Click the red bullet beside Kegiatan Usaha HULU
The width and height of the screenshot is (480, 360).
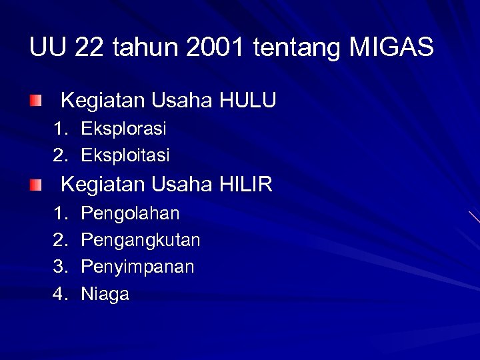point(35,101)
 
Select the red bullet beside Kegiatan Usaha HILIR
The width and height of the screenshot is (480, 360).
point(35,184)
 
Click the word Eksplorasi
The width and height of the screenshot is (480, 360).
point(123,128)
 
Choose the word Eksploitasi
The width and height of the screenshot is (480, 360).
point(125,156)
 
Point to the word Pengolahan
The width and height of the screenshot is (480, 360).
point(130,214)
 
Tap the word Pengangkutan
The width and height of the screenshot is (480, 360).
point(140,241)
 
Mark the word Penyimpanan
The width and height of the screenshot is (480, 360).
point(137,267)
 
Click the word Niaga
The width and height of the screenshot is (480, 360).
point(105,295)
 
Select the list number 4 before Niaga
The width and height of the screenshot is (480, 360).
point(61,294)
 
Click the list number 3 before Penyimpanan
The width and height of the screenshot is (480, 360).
point(61,267)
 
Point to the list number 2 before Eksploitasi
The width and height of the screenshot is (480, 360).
point(61,155)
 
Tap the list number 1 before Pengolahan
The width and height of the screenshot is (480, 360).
point(61,213)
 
